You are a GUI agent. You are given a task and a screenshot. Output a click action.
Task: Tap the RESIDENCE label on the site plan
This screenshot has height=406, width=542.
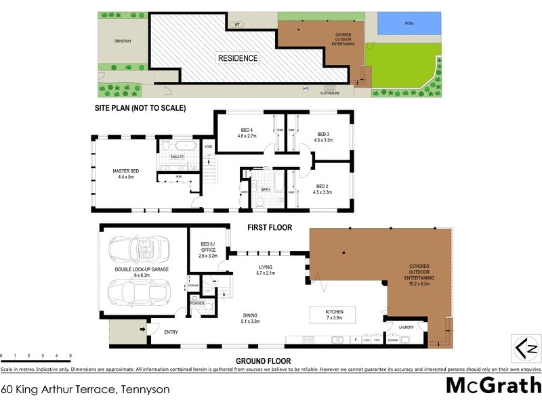pos(238,58)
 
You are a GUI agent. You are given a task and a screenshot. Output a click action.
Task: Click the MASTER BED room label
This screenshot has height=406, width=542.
pos(126,174)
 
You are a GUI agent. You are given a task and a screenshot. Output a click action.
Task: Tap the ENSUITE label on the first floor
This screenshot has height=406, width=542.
pos(177,157)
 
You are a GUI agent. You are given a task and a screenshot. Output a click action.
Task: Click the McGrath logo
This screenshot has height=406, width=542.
pos(493,386)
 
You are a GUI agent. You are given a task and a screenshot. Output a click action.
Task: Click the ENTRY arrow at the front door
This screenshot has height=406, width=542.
pos(143,330)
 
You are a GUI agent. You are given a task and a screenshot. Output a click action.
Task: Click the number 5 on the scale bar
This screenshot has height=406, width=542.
pos(70,355)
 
